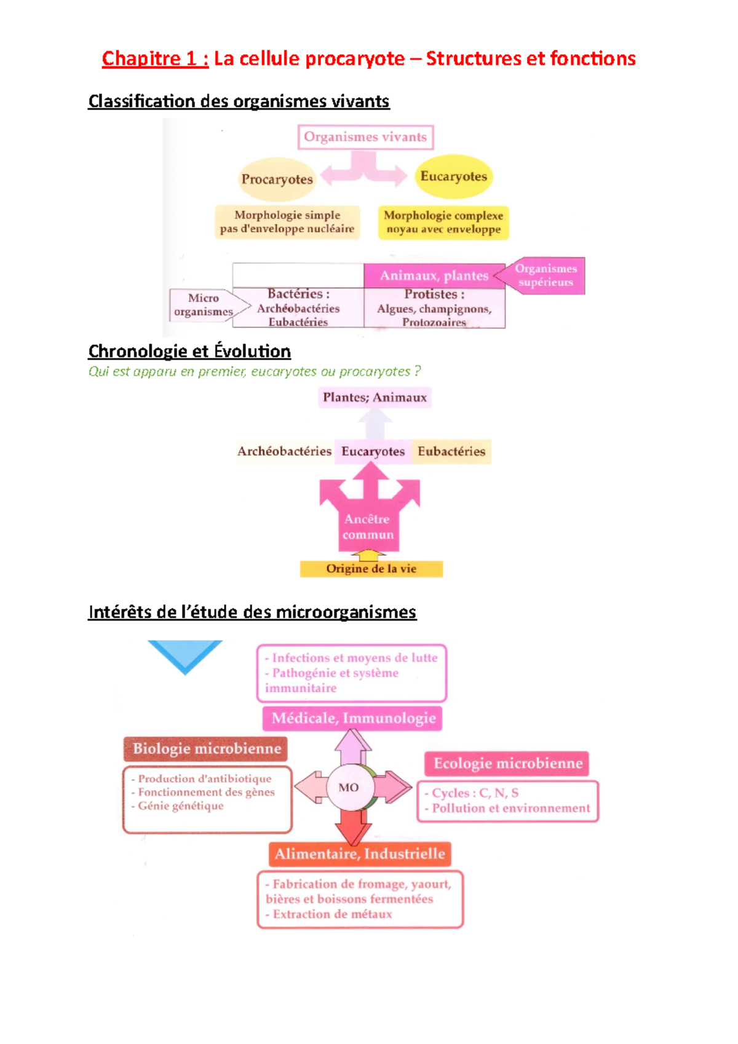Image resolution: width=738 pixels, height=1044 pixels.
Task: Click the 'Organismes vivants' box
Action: pos(365,137)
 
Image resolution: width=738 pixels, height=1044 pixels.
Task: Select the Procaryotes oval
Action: pos(277,180)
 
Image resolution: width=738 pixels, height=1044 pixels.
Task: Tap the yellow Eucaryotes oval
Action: pos(453,177)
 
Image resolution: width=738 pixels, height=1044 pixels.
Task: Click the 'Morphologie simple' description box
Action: pos(287,222)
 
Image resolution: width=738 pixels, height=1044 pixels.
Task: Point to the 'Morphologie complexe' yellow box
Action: pos(443,223)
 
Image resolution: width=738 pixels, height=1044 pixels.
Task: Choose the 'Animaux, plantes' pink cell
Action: pos(434,275)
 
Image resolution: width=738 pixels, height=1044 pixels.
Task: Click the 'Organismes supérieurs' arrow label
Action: pos(546,275)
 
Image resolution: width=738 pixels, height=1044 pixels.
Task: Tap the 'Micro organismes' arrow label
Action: pos(204,305)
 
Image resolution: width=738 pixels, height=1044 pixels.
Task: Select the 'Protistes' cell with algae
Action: pos(434,308)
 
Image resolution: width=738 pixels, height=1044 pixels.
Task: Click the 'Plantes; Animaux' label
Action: pos(375,397)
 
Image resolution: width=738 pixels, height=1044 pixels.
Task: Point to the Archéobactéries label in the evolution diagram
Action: pos(284,451)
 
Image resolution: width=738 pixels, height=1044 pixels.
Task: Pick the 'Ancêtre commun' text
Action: pos(368,527)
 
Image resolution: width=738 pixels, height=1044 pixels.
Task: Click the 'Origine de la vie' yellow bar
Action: pos(371,569)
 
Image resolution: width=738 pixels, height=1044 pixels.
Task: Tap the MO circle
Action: pos(349,788)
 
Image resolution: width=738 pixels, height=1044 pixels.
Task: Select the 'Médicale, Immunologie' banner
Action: pos(353,718)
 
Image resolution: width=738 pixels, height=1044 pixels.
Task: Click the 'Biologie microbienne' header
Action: pos(207,749)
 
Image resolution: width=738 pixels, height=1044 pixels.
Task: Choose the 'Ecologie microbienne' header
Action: pos(507,764)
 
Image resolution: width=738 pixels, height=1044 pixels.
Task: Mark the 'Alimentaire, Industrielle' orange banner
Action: pos(360,854)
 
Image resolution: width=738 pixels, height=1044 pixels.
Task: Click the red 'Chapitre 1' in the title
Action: pos(155,58)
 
